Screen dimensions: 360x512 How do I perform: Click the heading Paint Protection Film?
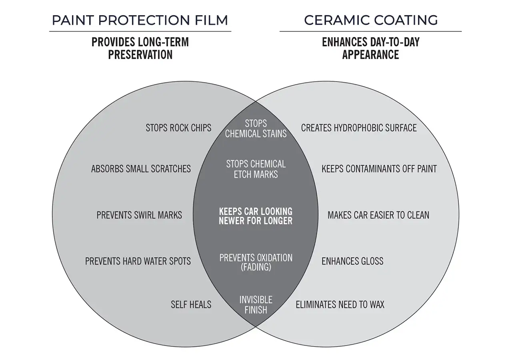coord(140,20)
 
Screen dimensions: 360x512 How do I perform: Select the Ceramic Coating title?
coord(371,20)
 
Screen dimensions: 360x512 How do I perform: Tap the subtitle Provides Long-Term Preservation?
coord(140,48)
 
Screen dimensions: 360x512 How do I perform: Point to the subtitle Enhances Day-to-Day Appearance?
coord(371,48)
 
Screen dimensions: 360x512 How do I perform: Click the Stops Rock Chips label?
coord(178,128)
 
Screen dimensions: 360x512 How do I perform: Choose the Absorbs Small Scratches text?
coord(141,169)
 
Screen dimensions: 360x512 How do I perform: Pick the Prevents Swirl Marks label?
coord(139,215)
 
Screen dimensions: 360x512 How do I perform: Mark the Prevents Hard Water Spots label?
coord(138,261)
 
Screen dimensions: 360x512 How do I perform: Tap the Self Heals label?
coord(191,304)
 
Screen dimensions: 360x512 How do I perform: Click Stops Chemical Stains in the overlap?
coord(256,128)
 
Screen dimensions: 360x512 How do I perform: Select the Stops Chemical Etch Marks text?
coord(256,169)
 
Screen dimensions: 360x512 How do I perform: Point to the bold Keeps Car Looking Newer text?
coord(256,216)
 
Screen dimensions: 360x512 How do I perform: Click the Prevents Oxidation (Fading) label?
coord(256,262)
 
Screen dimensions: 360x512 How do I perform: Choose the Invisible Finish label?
coord(256,304)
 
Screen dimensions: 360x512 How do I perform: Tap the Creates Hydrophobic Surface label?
coord(359,128)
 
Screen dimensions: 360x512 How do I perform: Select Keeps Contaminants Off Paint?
coord(379,169)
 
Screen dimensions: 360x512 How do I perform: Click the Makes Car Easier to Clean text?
coord(378,215)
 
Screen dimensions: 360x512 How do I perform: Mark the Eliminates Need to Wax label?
coord(340,305)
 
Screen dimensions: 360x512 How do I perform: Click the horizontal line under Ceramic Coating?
coord(370,31)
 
